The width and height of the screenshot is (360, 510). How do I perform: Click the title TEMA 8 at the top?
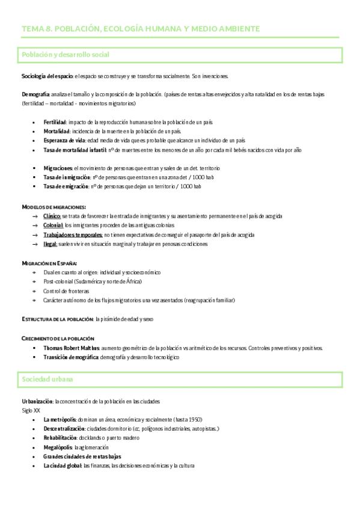(141, 28)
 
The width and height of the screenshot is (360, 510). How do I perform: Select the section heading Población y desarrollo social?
(66, 55)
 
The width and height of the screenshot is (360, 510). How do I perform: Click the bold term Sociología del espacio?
(47, 76)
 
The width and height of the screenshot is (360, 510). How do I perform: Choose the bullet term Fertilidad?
(55, 122)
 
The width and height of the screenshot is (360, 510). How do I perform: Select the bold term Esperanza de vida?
(65, 140)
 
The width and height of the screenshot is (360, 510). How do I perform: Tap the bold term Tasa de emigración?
(67, 186)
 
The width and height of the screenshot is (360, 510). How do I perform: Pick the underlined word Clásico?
(52, 216)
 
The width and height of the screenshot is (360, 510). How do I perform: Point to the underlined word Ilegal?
(50, 244)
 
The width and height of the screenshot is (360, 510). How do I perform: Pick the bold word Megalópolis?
(58, 447)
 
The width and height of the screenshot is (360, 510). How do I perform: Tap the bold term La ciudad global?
(63, 465)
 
